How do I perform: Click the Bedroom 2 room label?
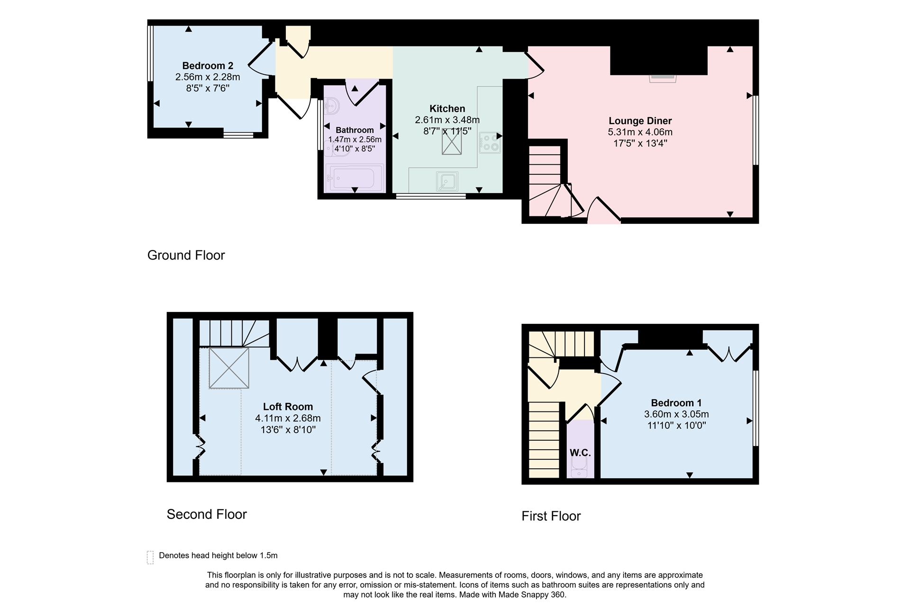point(208,66)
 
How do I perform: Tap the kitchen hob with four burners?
point(490,143)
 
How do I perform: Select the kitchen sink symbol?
point(447,181)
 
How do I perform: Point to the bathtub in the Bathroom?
point(355,178)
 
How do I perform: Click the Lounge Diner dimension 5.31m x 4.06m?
point(640,132)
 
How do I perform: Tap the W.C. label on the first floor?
point(580,453)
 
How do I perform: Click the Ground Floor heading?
point(186,255)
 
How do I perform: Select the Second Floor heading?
point(207,514)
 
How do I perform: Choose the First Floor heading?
point(551,516)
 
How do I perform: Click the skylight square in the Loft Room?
point(229,368)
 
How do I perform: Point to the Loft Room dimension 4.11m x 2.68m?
point(288,418)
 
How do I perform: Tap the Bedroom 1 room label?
point(676,403)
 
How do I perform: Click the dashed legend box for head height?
point(150,557)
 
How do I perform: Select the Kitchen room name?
point(447,108)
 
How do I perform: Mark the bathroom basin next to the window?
point(331,106)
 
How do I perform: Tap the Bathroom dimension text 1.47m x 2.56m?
point(355,140)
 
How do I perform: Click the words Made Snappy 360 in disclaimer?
point(531,595)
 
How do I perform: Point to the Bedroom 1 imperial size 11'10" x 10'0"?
point(676,425)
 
